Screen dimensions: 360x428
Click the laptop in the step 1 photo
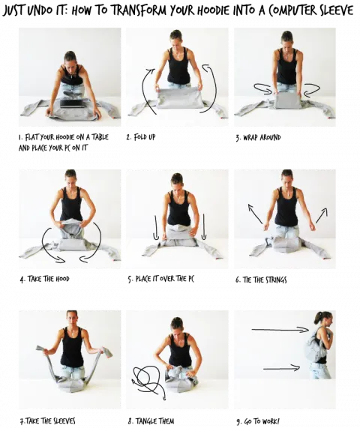pos(73,103)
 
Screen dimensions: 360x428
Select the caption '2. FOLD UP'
pos(141,136)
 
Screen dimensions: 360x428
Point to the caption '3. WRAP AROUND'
pos(259,137)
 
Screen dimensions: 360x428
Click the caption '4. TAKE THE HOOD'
pos(44,279)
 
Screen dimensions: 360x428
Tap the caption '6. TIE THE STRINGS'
pos(261,280)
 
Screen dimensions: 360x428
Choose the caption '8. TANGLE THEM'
pos(151,421)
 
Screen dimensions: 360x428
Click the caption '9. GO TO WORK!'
pos(258,421)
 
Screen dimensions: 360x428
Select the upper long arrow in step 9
pos(280,330)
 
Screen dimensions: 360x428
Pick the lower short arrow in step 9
pos(281,368)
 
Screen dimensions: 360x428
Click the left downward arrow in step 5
pos(156,228)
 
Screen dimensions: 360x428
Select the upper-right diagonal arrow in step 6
pos(322,216)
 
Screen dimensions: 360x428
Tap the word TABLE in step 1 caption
pos(100,136)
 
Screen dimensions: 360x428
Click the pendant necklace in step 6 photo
pos(286,194)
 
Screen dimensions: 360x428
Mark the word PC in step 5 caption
pos(190,278)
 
